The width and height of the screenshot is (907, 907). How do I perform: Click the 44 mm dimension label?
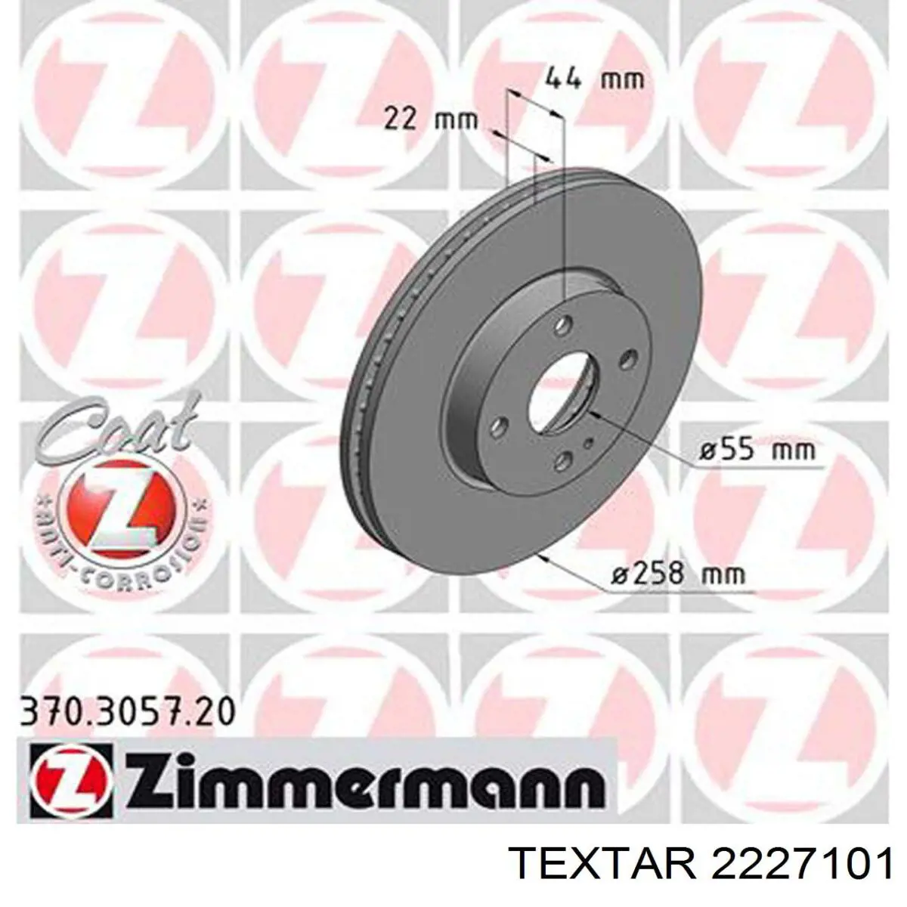[594, 79]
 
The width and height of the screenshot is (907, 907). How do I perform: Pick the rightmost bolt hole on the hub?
[626, 361]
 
